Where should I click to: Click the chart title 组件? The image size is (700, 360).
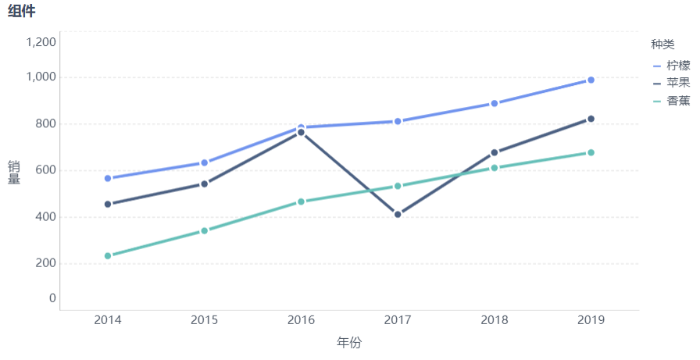click(22, 11)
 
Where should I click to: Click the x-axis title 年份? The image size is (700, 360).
click(349, 343)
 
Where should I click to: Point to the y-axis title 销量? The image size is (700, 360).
click(14, 172)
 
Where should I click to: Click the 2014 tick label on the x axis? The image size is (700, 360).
click(108, 320)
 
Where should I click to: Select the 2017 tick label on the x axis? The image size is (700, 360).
click(398, 320)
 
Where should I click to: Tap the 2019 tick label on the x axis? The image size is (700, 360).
click(591, 320)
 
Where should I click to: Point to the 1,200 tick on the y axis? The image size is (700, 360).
click(41, 41)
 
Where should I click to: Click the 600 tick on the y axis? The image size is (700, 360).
click(46, 170)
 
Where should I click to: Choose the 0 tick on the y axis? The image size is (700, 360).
click(52, 298)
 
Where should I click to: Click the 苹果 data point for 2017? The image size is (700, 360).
click(398, 214)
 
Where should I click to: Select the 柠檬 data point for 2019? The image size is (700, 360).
click(591, 80)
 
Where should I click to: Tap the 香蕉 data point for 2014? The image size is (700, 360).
click(108, 255)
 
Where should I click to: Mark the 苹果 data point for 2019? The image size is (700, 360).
click(591, 119)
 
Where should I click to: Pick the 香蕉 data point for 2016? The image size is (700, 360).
click(301, 201)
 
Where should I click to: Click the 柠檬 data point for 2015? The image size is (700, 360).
click(205, 162)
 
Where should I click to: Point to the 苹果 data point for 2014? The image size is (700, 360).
click(108, 204)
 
